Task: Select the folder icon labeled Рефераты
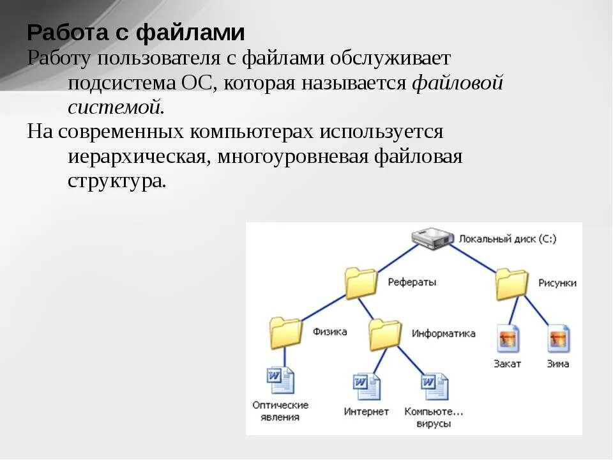tap(361, 283)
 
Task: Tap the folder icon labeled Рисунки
tap(512, 284)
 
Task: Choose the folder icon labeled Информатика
tap(385, 334)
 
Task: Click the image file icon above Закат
tap(508, 339)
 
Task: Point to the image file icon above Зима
tap(558, 339)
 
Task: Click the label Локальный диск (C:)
tap(508, 239)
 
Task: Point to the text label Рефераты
tap(412, 282)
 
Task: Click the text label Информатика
tap(443, 333)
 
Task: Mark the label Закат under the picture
tap(507, 364)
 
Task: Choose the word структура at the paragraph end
tap(116, 181)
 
